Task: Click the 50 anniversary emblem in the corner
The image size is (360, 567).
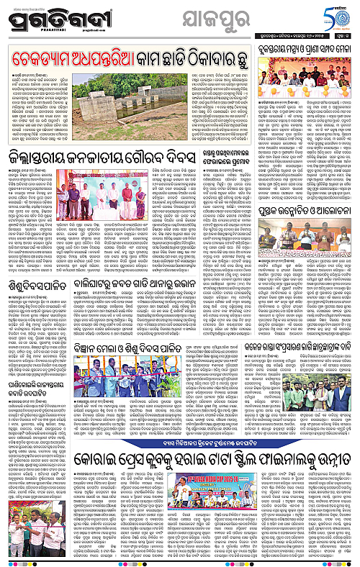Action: pyautogui.click(x=341, y=14)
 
